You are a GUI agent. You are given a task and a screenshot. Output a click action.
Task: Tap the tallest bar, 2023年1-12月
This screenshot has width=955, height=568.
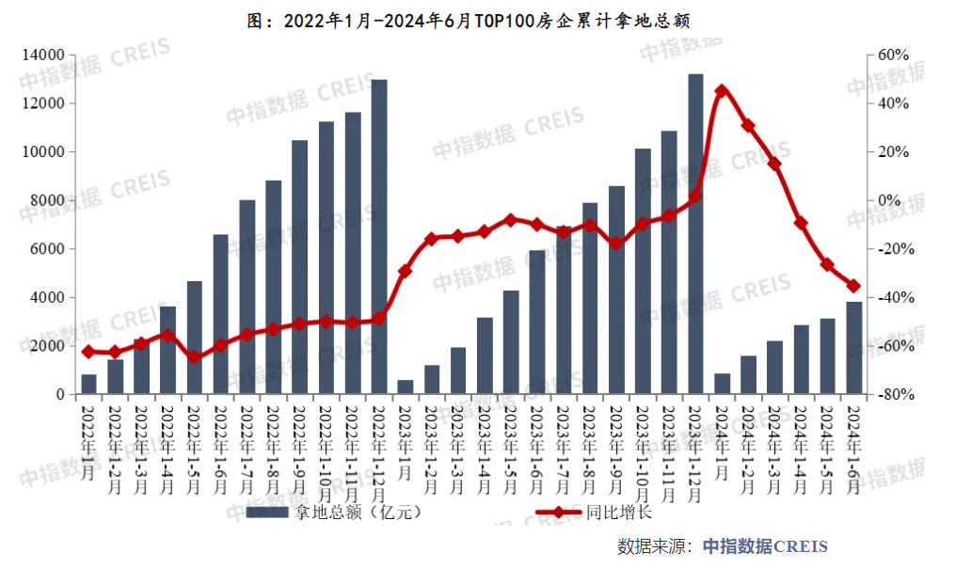[x=695, y=234]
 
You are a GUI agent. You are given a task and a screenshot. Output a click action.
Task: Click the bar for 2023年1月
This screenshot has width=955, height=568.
[x=405, y=387]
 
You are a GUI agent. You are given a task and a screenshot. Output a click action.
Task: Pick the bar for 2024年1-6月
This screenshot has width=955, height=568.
[x=853, y=348]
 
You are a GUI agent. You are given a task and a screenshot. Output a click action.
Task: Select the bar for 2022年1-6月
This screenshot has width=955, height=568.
[x=220, y=314]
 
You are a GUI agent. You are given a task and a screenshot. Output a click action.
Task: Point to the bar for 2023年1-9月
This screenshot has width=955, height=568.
[x=616, y=291]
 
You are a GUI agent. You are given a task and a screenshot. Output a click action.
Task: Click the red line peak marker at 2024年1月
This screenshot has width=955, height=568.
[x=722, y=91]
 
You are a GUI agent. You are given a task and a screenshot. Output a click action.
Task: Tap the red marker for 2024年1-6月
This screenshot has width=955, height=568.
[x=853, y=286]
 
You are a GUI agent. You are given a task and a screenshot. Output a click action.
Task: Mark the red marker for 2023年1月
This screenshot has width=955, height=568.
[x=405, y=271]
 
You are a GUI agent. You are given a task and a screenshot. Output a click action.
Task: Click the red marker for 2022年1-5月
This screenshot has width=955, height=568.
[x=194, y=357]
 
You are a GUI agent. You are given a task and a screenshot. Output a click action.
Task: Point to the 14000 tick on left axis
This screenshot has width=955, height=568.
[x=43, y=55]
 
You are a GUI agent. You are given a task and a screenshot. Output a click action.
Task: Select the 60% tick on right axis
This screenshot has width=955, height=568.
[x=894, y=55]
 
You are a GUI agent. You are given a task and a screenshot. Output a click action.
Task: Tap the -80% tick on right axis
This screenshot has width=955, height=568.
[x=894, y=395]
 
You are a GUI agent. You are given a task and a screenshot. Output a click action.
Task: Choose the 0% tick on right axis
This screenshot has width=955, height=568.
[x=890, y=200]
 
